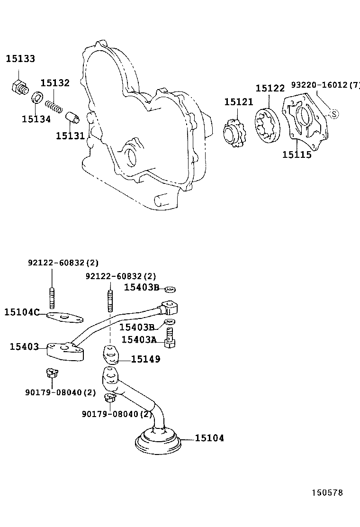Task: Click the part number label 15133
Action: point(20,59)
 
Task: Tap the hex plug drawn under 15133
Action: point(19,87)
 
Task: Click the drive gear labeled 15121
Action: point(234,131)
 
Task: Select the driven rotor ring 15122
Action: point(268,125)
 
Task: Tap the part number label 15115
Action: point(297,154)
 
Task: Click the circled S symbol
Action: point(333,114)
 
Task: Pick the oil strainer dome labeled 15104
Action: point(158,439)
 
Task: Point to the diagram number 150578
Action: point(326,493)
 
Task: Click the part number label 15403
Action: point(24,347)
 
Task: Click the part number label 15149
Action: point(145,359)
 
